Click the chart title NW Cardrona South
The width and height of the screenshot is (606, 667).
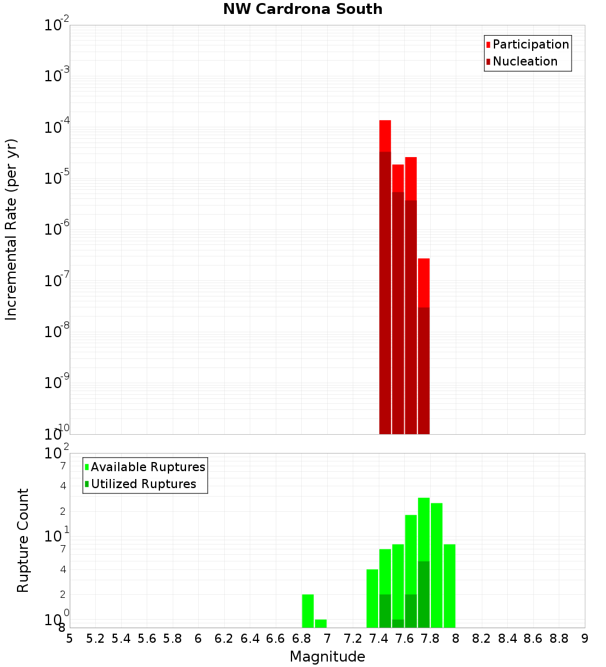[x=302, y=9]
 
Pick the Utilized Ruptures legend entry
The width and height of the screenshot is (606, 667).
[x=143, y=484]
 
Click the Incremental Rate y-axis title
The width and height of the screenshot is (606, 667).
[x=12, y=229]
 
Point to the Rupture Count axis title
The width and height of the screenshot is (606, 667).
[x=23, y=540]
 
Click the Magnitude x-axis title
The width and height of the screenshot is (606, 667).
[x=327, y=657]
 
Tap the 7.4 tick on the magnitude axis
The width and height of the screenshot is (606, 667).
[x=379, y=639]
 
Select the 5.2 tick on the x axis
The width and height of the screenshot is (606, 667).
[x=95, y=639]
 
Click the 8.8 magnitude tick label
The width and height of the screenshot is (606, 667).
[x=559, y=639]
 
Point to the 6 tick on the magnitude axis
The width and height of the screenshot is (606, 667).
[x=198, y=639]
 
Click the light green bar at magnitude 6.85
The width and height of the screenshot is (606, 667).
[x=308, y=611]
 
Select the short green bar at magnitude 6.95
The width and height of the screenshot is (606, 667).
[x=321, y=623]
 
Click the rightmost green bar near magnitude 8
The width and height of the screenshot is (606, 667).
[x=449, y=586]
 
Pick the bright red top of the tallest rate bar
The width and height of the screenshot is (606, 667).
[x=385, y=136]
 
